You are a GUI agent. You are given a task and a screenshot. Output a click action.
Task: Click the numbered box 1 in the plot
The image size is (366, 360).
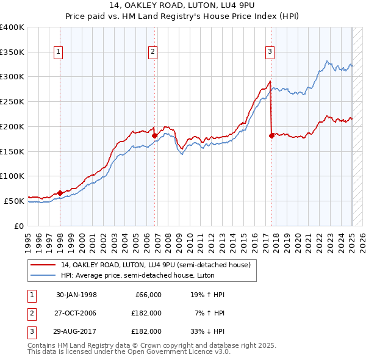pos(58,52)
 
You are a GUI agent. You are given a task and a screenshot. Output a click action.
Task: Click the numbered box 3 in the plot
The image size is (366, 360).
pos(269,52)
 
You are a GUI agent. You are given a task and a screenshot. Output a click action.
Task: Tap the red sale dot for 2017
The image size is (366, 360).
pos(271,135)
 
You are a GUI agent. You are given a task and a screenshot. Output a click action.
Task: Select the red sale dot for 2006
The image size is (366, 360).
pos(155,135)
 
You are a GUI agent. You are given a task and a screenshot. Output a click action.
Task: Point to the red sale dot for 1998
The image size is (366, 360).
pos(60,193)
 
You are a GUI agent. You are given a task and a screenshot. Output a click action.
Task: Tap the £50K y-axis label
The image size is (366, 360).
pos(15,201)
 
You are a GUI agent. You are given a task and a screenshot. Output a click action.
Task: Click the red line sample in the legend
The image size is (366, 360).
pos(44,265)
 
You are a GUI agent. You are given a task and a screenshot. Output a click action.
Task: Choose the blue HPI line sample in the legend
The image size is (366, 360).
pos(44,275)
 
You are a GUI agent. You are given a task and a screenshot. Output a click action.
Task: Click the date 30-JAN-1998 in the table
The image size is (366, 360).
pos(76,295)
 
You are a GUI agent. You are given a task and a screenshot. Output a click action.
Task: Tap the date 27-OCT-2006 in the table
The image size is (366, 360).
pos(76,313)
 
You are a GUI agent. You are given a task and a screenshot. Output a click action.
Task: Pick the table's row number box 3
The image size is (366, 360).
pos(31,331)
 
